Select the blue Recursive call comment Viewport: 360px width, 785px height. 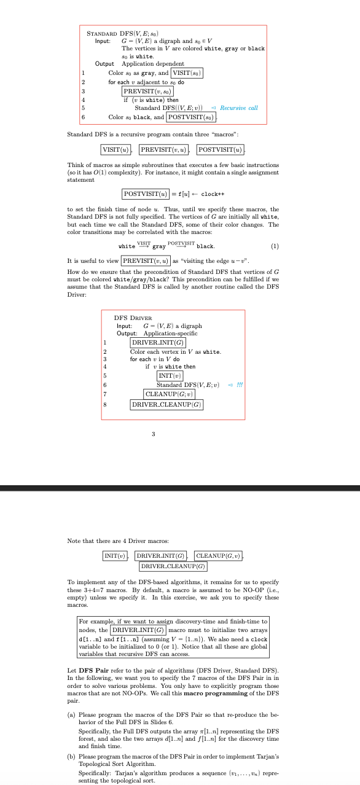239,108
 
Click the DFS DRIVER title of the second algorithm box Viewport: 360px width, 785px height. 135,318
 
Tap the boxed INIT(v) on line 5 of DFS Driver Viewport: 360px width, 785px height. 169,375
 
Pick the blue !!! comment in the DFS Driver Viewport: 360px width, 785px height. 239,385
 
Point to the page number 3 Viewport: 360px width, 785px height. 153,434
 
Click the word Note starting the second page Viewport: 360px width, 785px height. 73,541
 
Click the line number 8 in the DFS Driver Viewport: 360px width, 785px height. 105,404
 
